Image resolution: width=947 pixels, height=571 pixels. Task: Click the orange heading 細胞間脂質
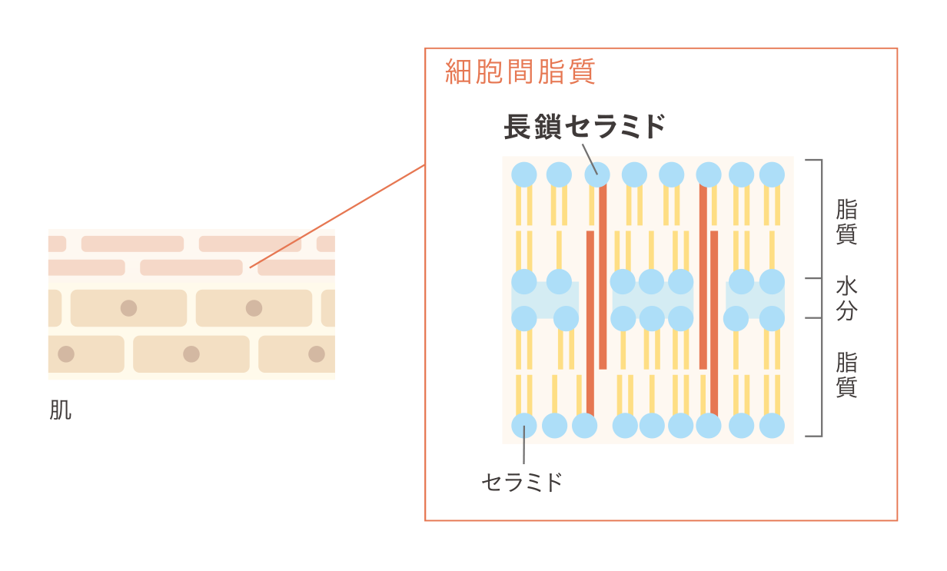(520, 72)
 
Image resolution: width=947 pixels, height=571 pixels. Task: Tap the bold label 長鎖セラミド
(584, 127)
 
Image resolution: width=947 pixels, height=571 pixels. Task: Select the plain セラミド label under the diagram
(522, 483)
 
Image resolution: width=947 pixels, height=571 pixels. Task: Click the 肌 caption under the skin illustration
(60, 410)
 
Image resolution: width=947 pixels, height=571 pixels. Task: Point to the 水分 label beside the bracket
(846, 298)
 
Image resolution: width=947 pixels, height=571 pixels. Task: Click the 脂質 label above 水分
(846, 221)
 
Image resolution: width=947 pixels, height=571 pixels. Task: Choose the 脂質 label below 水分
(846, 374)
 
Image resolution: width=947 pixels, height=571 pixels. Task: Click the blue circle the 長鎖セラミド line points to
(597, 174)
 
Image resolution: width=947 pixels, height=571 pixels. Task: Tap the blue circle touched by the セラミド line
(523, 425)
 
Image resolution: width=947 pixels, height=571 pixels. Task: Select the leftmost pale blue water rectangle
(545, 300)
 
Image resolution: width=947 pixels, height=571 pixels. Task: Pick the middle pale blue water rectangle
(652, 300)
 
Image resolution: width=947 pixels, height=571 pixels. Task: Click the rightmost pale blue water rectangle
(755, 300)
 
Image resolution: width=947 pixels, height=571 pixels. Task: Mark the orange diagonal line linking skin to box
(338, 215)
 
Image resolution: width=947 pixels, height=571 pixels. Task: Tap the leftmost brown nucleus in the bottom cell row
(66, 354)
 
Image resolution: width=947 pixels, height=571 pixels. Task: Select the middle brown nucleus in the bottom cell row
(191, 354)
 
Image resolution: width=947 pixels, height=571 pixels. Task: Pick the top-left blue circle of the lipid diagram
(523, 174)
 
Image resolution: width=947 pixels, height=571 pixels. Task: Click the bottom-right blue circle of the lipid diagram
(772, 425)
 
